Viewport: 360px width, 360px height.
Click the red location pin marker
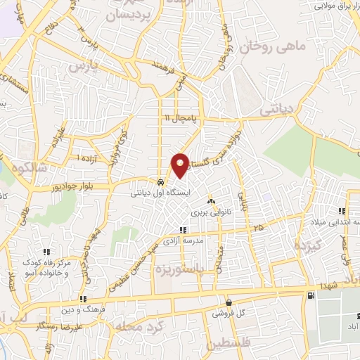(181, 165)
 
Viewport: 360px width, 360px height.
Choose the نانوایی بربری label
(207, 211)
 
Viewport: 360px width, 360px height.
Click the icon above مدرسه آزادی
(184, 229)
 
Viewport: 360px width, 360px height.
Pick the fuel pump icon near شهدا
(310, 295)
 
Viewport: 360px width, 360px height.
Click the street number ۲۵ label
(259, 227)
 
